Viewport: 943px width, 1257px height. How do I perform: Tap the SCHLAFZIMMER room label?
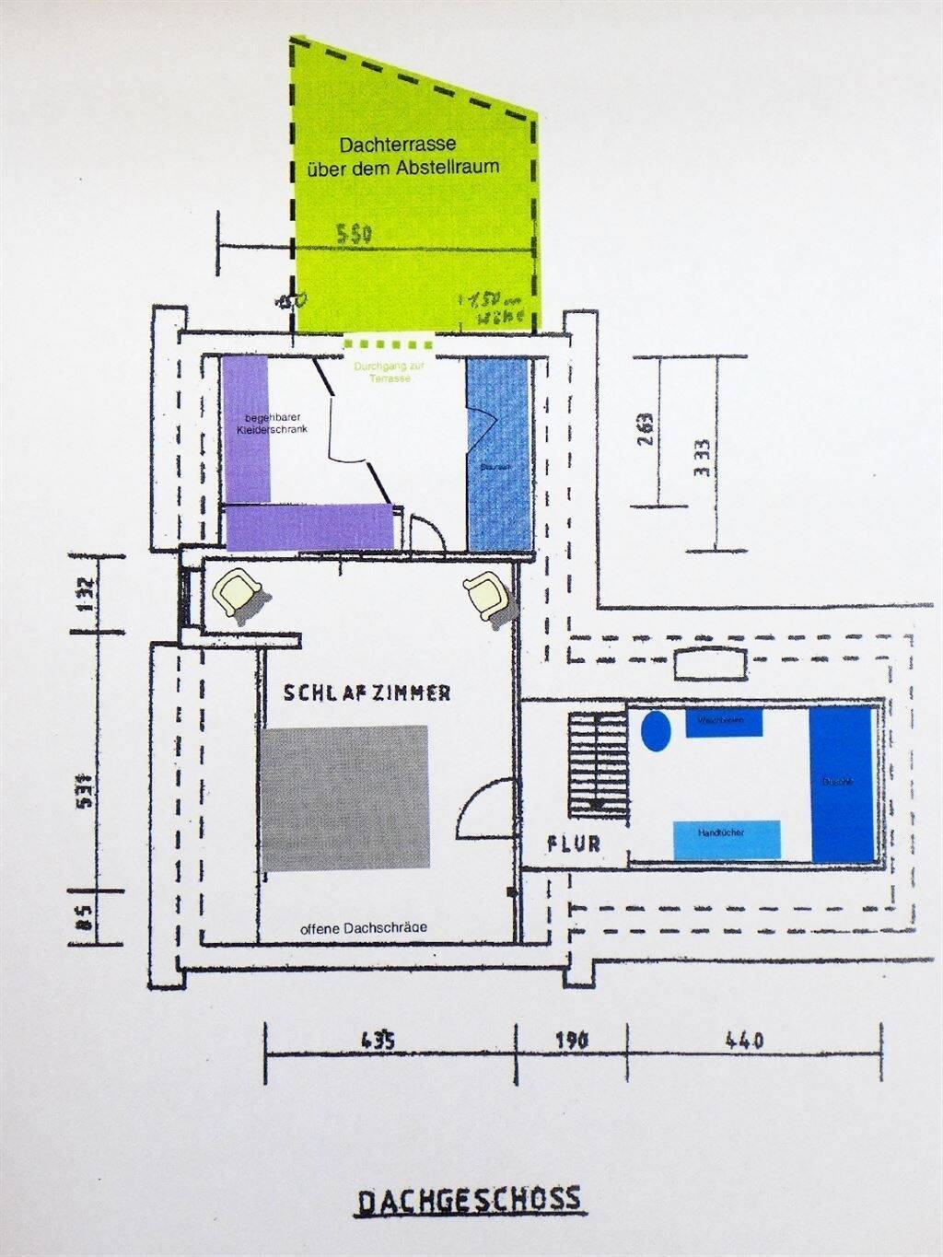pyautogui.click(x=367, y=693)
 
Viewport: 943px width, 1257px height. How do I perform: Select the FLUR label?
pyautogui.click(x=573, y=843)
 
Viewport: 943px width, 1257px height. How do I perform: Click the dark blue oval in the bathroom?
pyautogui.click(x=655, y=730)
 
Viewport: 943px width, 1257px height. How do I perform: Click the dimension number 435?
pyautogui.click(x=378, y=1042)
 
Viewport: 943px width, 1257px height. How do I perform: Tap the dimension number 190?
pyautogui.click(x=572, y=1042)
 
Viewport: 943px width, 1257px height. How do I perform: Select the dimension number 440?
pyautogui.click(x=745, y=1042)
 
